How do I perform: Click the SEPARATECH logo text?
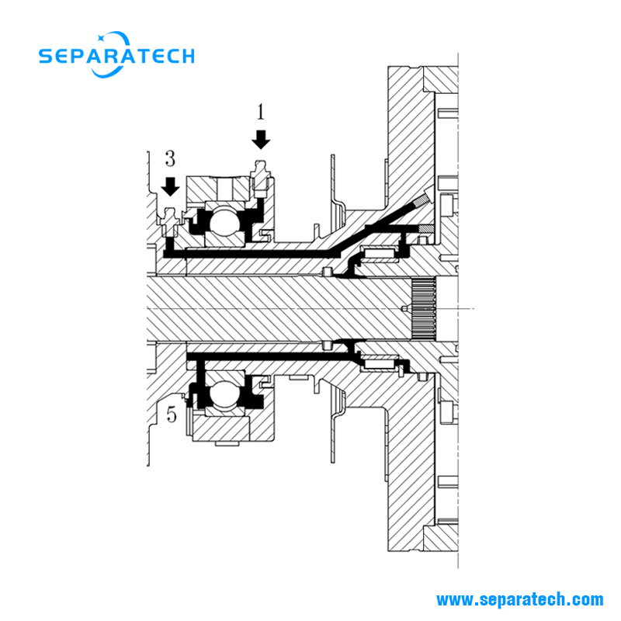tap(116, 56)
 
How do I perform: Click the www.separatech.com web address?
tap(519, 599)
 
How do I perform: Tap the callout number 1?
tap(260, 112)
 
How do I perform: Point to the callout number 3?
tap(170, 159)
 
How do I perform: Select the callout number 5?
tap(171, 415)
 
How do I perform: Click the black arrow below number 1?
tap(261, 140)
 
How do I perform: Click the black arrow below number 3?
tap(170, 186)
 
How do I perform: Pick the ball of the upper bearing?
tap(224, 220)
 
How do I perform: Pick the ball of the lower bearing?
tap(224, 394)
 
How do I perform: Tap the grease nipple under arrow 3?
tap(170, 222)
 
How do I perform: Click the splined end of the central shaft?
tap(423, 308)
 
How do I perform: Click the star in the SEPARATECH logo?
tap(101, 38)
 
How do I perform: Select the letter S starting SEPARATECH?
tap(46, 56)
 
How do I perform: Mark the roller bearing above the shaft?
tap(380, 254)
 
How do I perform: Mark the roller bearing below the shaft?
tap(380, 363)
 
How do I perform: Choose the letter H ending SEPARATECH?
tap(187, 56)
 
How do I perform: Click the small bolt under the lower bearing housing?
tap(227, 443)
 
